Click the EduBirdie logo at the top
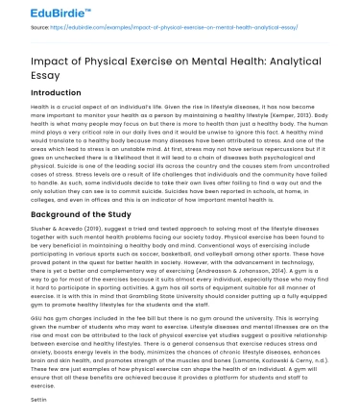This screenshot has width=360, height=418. click(x=43, y=12)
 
